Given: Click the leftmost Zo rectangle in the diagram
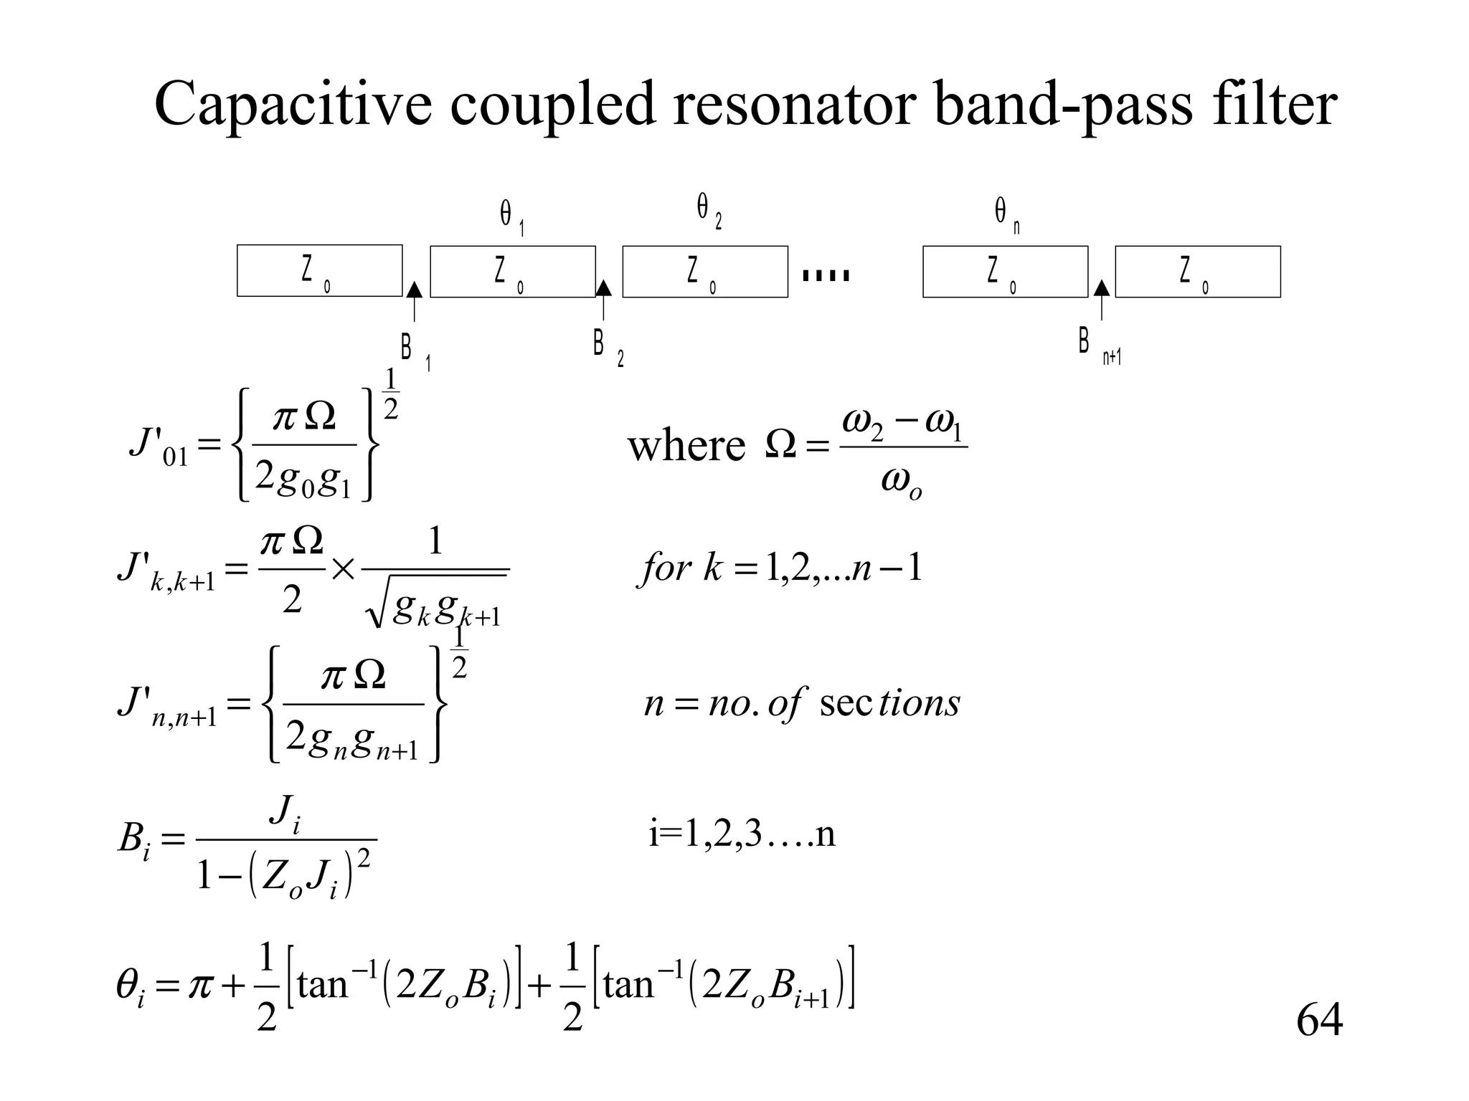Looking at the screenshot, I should click(x=319, y=271).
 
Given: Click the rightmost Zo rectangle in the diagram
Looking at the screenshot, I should click(x=1197, y=272).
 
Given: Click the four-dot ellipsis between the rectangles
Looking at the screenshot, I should click(x=826, y=275).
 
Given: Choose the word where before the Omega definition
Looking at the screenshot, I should click(x=686, y=446).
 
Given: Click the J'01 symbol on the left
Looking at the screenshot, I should click(x=158, y=446).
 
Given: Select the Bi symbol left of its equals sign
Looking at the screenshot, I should click(x=134, y=839).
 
